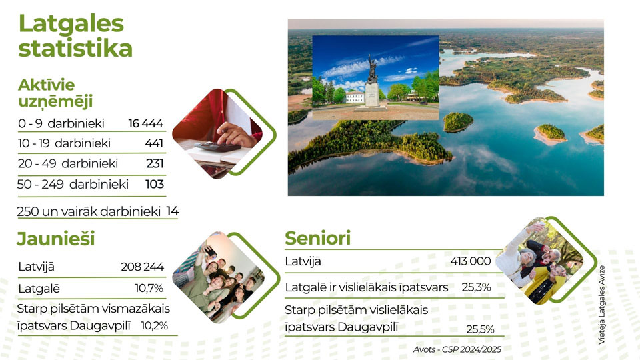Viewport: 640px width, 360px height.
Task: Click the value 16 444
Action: [146, 123]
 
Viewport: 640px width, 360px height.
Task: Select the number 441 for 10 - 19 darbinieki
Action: [154, 143]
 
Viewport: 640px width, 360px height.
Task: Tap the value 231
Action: [155, 163]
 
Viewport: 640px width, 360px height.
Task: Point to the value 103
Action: [154, 184]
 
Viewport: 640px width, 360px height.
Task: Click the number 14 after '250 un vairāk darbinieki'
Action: [172, 211]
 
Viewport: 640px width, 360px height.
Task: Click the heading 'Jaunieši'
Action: [55, 239]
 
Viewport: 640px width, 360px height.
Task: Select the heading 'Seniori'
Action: [317, 239]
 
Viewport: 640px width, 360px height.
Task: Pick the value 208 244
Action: [142, 267]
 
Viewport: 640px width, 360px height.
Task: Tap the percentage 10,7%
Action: [149, 288]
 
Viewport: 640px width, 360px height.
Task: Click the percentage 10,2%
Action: [154, 326]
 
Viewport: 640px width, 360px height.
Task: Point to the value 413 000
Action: [471, 261]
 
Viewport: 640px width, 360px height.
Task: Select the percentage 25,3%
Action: [476, 287]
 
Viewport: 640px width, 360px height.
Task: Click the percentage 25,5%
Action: [480, 329]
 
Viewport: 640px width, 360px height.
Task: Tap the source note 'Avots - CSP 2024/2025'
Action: [457, 349]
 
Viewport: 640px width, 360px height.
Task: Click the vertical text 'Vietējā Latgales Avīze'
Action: [601, 305]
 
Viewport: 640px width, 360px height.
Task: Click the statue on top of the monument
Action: [372, 69]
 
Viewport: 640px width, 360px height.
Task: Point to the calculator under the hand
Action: [217, 146]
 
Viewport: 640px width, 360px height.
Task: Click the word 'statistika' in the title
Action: [75, 48]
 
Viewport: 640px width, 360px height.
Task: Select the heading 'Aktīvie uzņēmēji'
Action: [55, 93]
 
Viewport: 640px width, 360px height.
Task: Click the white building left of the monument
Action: [355, 97]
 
